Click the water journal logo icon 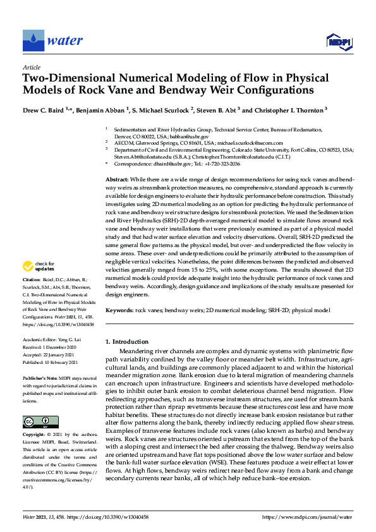(33, 40)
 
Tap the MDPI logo (338, 42)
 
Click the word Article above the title (31, 67)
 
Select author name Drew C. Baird (44, 109)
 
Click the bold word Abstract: (119, 180)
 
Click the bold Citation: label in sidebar (32, 296)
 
